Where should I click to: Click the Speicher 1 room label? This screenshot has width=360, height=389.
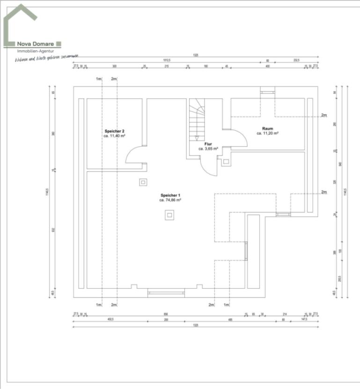point(170,195)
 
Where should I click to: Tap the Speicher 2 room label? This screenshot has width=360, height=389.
point(114,131)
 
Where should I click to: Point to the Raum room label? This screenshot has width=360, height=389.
point(268,128)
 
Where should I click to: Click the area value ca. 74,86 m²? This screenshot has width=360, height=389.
point(170,200)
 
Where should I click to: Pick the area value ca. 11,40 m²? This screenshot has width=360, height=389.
point(114,136)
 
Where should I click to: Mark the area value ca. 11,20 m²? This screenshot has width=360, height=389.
point(268,133)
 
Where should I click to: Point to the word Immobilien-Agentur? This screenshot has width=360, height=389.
point(35,51)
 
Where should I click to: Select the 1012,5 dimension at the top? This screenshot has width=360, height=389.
point(167,60)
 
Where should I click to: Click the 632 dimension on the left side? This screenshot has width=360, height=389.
point(53,230)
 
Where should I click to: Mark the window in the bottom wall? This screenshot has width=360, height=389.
point(166,293)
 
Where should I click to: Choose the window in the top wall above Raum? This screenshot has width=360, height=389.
point(268,92)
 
